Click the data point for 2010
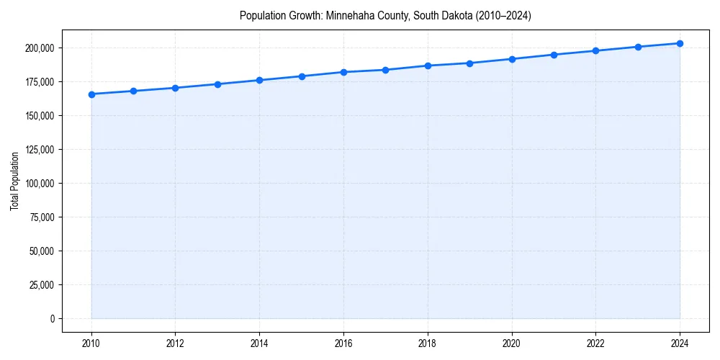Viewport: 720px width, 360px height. pyautogui.click(x=91, y=94)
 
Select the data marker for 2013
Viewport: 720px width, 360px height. pyautogui.click(x=217, y=84)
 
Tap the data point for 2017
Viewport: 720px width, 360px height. pyautogui.click(x=385, y=70)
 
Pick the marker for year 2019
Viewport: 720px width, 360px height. pyautogui.click(x=469, y=63)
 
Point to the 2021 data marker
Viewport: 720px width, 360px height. pyautogui.click(x=554, y=55)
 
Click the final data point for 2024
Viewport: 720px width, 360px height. pyautogui.click(x=680, y=43)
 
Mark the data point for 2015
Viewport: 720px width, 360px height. pyautogui.click(x=302, y=76)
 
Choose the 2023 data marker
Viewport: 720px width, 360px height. pyautogui.click(x=638, y=47)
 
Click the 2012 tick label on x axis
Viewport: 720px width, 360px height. pyautogui.click(x=175, y=343)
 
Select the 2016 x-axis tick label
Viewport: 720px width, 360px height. pyautogui.click(x=343, y=343)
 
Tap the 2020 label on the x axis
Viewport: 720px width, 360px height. pyautogui.click(x=512, y=343)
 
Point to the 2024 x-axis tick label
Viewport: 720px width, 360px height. pyautogui.click(x=680, y=343)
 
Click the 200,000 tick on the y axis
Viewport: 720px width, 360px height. pyautogui.click(x=38, y=48)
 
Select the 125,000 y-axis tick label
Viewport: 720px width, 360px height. pyautogui.click(x=38, y=150)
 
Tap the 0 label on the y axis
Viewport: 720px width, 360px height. pyautogui.click(x=52, y=319)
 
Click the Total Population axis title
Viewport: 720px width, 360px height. pyautogui.click(x=14, y=181)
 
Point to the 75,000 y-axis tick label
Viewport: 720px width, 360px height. pyautogui.click(x=40, y=217)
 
